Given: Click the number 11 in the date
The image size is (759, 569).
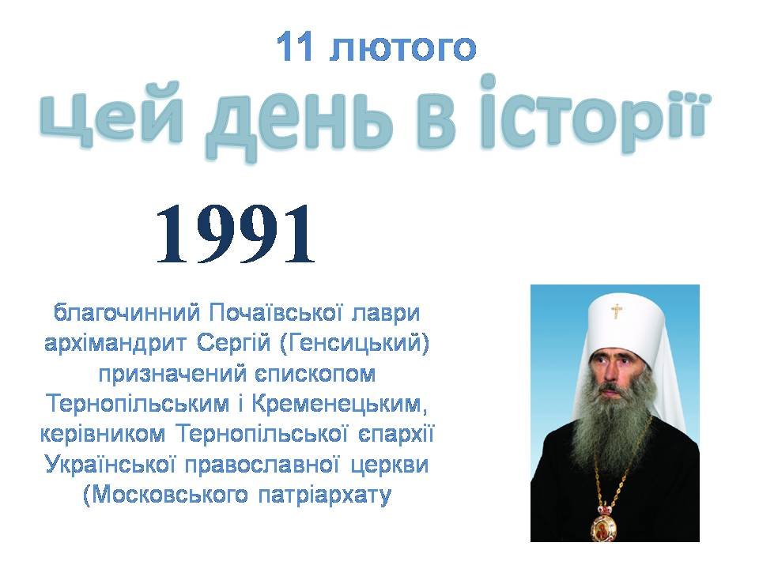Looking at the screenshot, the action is click(296, 47).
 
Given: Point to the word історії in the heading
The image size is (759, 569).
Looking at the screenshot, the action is click(594, 115).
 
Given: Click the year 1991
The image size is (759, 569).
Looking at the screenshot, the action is click(236, 233).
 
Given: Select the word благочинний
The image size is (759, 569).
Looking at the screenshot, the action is click(126, 313).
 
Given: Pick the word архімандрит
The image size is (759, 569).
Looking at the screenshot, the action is click(115, 344).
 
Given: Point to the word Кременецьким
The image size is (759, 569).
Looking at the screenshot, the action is click(342, 404).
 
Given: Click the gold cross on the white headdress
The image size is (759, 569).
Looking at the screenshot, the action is click(616, 311).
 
